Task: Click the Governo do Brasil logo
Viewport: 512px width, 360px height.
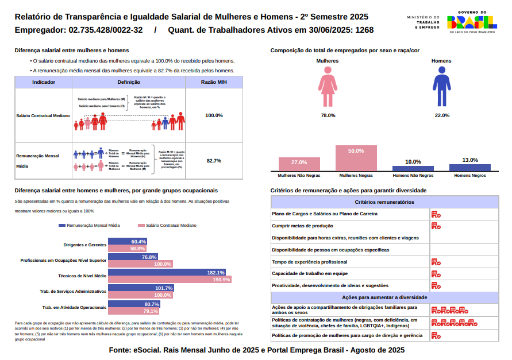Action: (x=471, y=22)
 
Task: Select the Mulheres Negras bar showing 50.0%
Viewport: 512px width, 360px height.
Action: (x=356, y=158)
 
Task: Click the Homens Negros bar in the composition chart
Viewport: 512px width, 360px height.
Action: (x=470, y=167)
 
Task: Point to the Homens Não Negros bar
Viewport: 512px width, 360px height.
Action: (x=413, y=168)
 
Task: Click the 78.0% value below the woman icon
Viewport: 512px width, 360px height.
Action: (x=328, y=115)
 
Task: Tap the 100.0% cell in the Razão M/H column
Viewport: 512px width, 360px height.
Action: (x=214, y=115)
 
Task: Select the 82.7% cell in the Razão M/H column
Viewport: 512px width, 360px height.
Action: (x=214, y=161)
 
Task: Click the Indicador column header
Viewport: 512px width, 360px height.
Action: (x=44, y=83)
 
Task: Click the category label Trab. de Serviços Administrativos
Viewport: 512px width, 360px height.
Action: (x=73, y=291)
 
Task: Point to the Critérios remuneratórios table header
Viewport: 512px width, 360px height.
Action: (x=384, y=202)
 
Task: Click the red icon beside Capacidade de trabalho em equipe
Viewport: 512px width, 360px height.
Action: (x=436, y=273)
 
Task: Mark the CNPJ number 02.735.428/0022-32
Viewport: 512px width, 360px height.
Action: (x=105, y=30)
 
